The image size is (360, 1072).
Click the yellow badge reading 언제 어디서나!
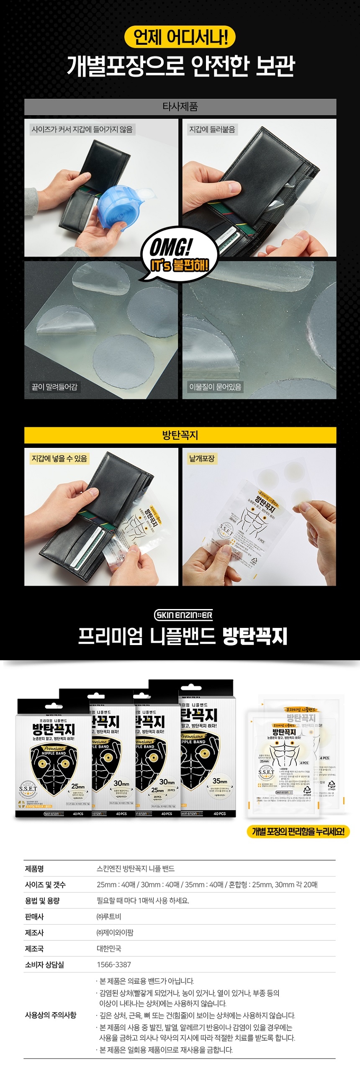tap(180, 37)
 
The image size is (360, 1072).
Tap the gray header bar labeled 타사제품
tap(180, 107)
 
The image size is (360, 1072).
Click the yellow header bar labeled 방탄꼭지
tap(180, 435)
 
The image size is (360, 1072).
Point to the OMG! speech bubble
tap(179, 254)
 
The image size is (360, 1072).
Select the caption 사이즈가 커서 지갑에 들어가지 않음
tap(82, 129)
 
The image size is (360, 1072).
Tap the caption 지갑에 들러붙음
tap(212, 129)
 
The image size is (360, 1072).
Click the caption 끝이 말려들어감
tap(54, 387)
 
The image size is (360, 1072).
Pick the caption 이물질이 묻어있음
tap(215, 387)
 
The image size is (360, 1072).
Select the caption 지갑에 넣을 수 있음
tap(59, 458)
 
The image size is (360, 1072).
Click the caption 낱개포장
tap(202, 458)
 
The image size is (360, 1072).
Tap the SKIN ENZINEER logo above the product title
tap(183, 615)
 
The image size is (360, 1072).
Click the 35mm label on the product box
tap(219, 781)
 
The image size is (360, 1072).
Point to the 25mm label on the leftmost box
tap(78, 787)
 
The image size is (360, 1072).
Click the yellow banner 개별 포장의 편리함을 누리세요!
tap(298, 831)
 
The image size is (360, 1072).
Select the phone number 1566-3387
tap(114, 964)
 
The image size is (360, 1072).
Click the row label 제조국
tap(34, 949)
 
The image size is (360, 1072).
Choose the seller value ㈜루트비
tap(109, 917)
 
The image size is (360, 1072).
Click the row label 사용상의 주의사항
tap(51, 1015)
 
